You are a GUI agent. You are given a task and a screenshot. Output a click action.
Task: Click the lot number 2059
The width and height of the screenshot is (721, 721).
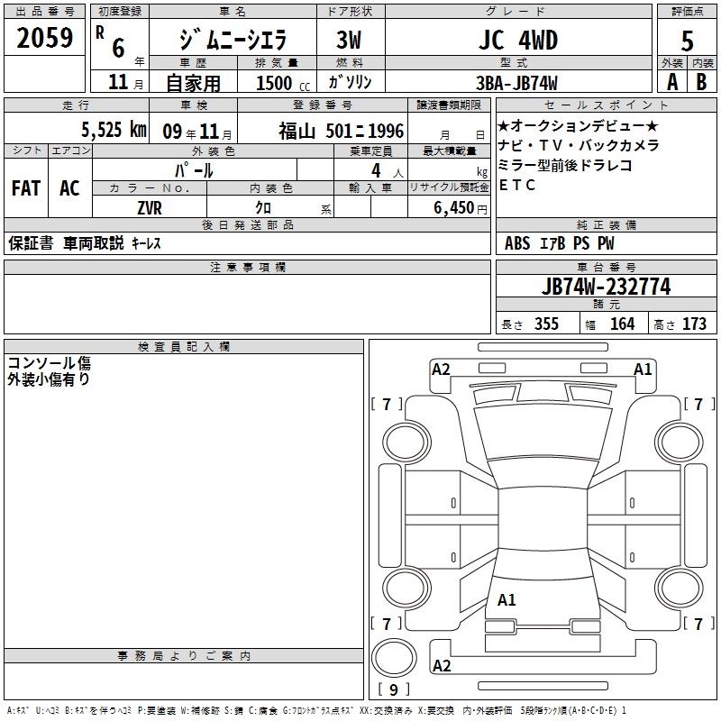click(44, 38)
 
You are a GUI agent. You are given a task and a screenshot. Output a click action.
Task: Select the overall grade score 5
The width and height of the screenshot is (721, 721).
click(687, 41)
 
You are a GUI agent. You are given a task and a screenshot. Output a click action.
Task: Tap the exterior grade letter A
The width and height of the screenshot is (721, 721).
click(672, 82)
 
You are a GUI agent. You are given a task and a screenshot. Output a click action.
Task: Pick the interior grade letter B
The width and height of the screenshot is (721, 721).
click(701, 82)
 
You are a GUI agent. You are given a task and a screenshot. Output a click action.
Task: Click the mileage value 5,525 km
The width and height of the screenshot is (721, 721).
click(114, 130)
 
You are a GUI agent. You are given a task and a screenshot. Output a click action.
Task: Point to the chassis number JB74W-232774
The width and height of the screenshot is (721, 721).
click(606, 287)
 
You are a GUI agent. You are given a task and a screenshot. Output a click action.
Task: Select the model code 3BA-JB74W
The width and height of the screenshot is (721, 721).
click(516, 83)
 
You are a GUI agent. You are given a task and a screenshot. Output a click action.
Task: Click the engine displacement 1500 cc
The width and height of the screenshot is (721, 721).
click(283, 83)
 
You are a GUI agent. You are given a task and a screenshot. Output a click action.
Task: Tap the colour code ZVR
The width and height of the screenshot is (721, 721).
click(150, 208)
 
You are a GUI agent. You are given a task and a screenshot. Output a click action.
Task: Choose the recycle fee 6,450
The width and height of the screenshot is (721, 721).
click(454, 208)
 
